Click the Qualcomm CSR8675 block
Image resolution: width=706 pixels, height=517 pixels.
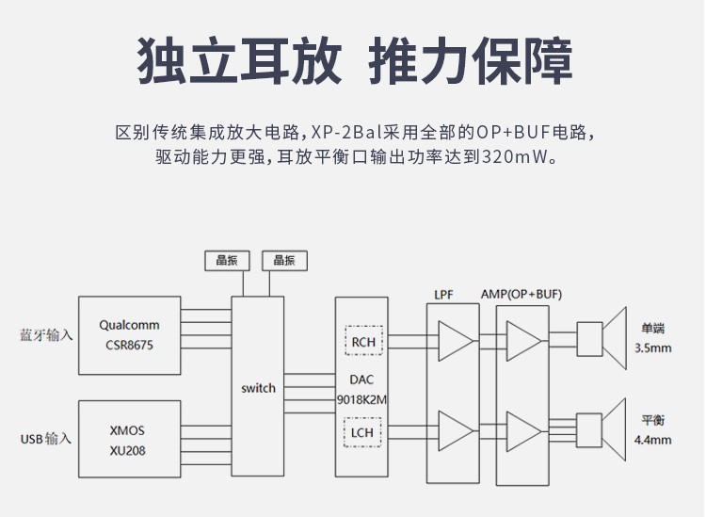[x=129, y=335]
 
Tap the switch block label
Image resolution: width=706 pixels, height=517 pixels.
[x=258, y=388]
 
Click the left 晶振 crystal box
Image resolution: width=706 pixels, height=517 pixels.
[x=226, y=261]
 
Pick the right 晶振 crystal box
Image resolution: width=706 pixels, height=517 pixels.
[x=284, y=261]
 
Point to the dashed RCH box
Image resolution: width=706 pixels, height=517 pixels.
[x=363, y=342]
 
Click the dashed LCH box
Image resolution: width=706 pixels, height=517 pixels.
[x=363, y=433]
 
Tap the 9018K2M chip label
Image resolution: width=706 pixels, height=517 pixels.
[x=362, y=399]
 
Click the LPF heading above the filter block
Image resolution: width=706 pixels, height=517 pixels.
[x=443, y=294]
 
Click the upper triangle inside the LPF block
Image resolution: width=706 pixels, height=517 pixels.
[x=457, y=340]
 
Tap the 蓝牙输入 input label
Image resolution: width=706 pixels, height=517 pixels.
[x=46, y=335]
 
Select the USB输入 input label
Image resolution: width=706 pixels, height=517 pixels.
[x=46, y=439]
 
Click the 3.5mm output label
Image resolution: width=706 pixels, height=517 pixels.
[x=653, y=347]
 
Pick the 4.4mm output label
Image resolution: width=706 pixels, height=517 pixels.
[x=653, y=439]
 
